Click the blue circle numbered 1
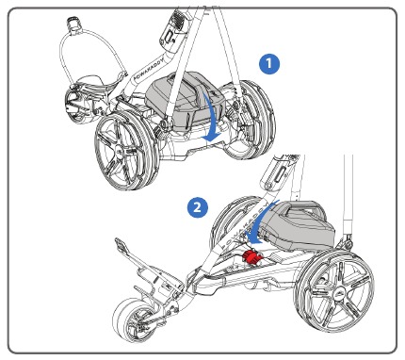271,62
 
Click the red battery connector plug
251,256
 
